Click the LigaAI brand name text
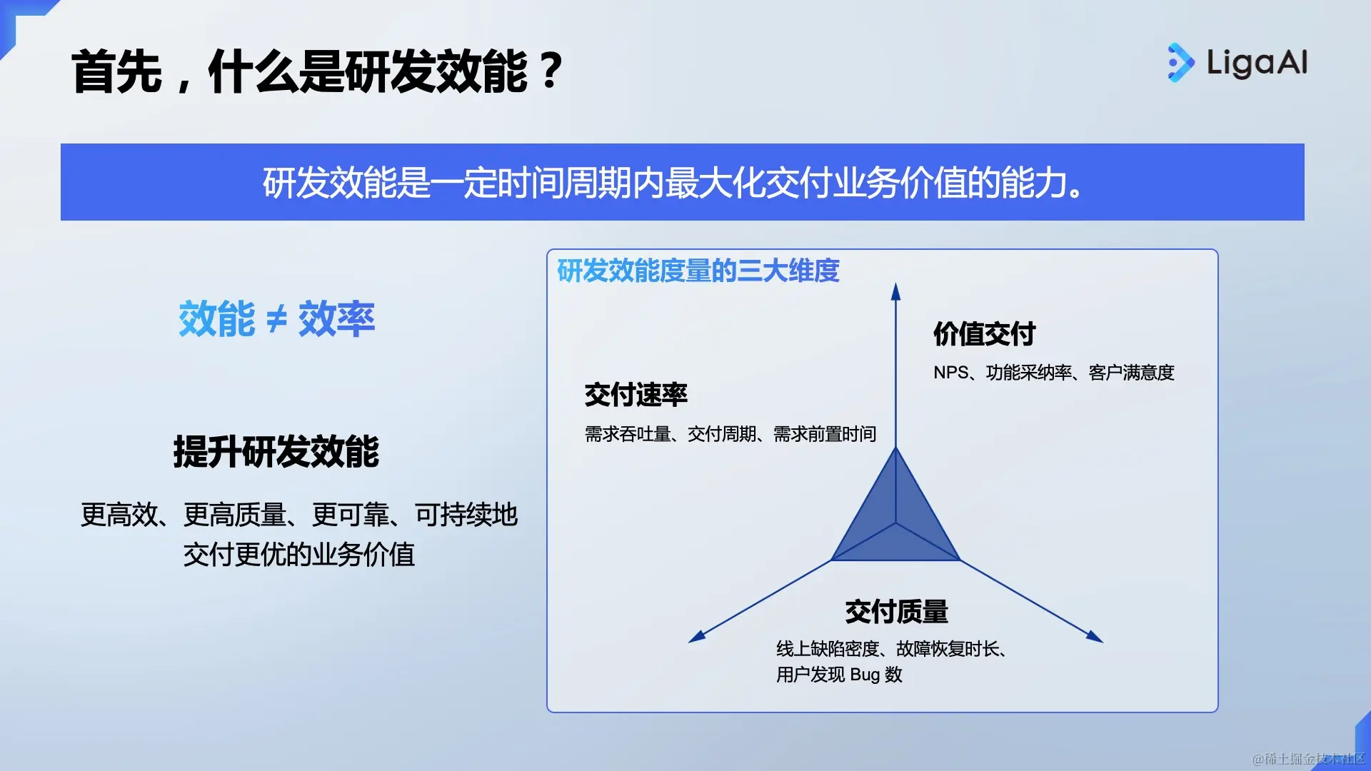(x=1257, y=63)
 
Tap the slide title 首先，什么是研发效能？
(x=318, y=71)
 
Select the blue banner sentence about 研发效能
(x=673, y=183)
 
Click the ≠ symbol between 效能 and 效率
(x=276, y=319)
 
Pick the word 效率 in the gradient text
(x=336, y=318)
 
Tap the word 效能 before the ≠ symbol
(x=217, y=318)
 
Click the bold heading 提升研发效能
(x=276, y=451)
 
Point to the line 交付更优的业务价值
(x=299, y=555)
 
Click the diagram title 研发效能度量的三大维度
(x=698, y=271)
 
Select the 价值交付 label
(x=985, y=333)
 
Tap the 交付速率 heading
(x=636, y=394)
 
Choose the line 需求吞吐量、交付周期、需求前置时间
(x=730, y=434)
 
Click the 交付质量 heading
(x=897, y=612)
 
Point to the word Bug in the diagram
(x=865, y=675)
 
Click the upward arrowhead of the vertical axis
(x=895, y=291)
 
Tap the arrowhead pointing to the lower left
(x=697, y=636)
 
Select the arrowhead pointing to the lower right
(x=1095, y=636)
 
